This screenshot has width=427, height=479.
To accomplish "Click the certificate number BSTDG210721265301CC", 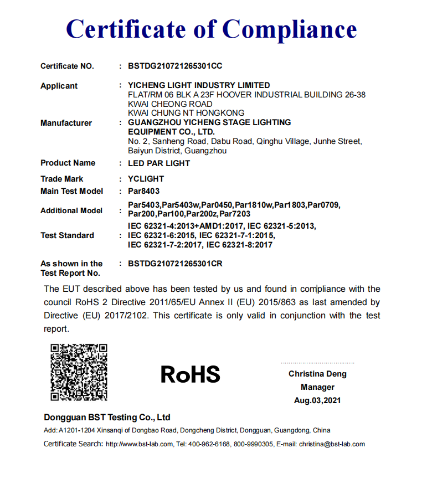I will point(175,66).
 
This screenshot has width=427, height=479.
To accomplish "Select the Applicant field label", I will point(59,86).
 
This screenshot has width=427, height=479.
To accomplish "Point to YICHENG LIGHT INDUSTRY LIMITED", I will point(199,85).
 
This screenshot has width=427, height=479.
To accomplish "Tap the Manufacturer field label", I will point(66,123).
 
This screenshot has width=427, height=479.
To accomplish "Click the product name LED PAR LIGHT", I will point(159,163).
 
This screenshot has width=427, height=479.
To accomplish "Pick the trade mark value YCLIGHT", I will point(146,179).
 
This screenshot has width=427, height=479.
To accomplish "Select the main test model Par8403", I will point(143,191).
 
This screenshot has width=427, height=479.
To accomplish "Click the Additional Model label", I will point(71,210).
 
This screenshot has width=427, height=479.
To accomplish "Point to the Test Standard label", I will point(68,235).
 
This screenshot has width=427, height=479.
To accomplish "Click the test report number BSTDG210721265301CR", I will point(175,264).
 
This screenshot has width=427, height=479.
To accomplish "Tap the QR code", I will point(79,372).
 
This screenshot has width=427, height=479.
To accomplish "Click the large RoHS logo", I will point(191,375).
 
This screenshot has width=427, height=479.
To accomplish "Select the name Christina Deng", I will point(317,374).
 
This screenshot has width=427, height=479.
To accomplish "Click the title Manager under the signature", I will point(317,387).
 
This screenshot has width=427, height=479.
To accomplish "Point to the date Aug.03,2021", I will point(317,400).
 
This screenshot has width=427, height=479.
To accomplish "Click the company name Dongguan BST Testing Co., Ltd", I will point(107,417).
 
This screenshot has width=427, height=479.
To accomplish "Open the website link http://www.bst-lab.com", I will point(138,444).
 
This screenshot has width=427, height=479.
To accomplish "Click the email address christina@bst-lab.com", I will point(332,444).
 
